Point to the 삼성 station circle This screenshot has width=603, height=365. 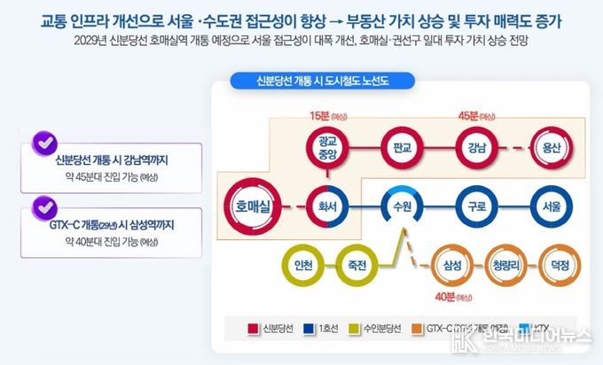pyautogui.click(x=454, y=263)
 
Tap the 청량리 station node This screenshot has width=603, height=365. pyautogui.click(x=508, y=263)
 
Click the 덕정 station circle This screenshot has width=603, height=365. pyautogui.click(x=560, y=263)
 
